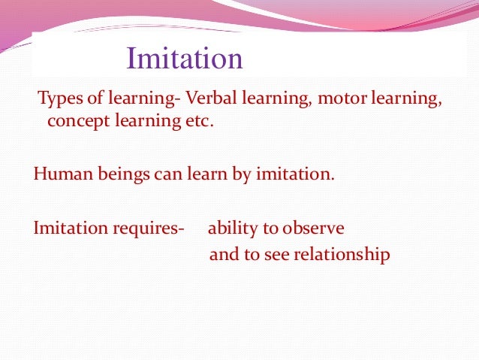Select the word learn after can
[x=199, y=174]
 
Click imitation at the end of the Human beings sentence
[x=292, y=174]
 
